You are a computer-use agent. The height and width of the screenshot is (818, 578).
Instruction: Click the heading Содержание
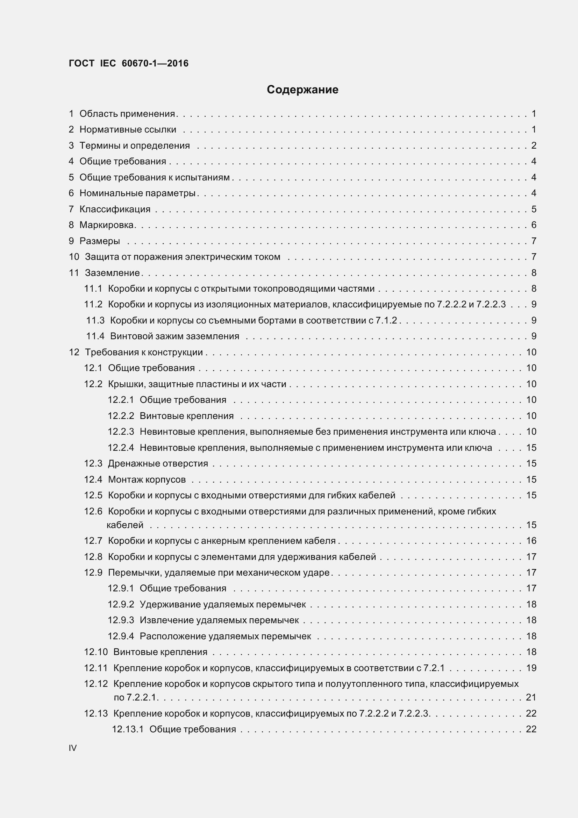[x=302, y=90]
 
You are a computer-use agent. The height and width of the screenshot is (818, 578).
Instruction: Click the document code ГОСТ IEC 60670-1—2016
[x=129, y=63]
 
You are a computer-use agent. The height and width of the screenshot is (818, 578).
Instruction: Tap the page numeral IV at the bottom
[x=73, y=748]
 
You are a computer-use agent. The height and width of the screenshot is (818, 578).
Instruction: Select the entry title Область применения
[x=127, y=114]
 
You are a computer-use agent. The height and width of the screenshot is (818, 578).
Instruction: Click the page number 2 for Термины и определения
[x=534, y=145]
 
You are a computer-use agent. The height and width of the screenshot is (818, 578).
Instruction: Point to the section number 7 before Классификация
[x=71, y=209]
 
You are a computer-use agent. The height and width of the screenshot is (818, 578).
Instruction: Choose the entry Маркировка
[x=107, y=225]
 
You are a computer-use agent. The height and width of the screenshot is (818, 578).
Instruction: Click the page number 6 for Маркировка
[x=534, y=225]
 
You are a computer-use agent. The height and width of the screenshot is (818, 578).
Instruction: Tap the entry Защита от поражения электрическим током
[x=182, y=257]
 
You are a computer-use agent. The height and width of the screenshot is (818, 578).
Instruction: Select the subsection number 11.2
[x=93, y=304]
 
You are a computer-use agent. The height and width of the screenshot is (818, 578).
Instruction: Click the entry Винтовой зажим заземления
[x=174, y=336]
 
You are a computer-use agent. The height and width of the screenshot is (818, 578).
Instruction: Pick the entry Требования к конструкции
[x=143, y=352]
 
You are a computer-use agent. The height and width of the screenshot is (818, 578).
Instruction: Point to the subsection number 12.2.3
[x=121, y=432]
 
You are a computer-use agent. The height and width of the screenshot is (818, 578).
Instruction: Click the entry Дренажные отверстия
[x=158, y=463]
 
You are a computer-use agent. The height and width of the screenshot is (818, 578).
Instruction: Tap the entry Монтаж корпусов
[x=147, y=479]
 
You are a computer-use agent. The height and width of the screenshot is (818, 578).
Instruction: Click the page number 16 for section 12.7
[x=531, y=540]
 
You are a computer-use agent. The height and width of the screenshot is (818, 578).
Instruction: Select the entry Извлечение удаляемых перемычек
[x=219, y=620]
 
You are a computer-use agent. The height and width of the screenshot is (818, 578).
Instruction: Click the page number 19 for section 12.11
[x=531, y=668]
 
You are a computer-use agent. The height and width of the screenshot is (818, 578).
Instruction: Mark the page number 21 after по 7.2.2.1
[x=531, y=697]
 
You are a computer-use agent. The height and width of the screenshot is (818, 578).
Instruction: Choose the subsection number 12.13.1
[x=128, y=729]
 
